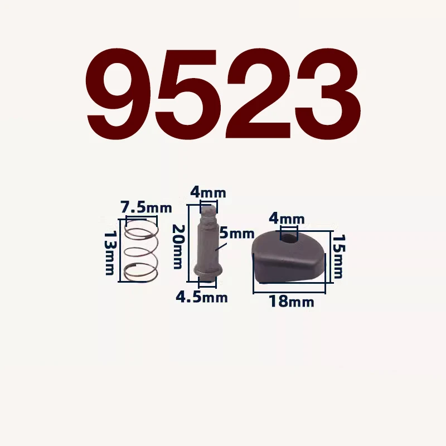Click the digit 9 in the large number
pyautogui.click(x=119, y=94)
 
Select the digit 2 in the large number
pyautogui.click(x=258, y=93)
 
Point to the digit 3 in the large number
pyautogui.click(x=327, y=94)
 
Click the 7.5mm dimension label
pyautogui.click(x=146, y=207)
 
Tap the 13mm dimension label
pyautogui.click(x=109, y=253)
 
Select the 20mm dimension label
pyautogui.click(x=178, y=246)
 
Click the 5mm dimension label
pyautogui.click(x=236, y=234)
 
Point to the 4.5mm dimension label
pyautogui.click(x=202, y=297)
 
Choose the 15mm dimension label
pyautogui.click(x=338, y=256)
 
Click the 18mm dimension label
pyautogui.click(x=292, y=301)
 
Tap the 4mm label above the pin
pyautogui.click(x=208, y=193)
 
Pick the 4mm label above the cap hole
pyautogui.click(x=287, y=219)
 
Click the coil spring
pyautogui.click(x=141, y=251)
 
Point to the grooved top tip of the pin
pyautogui.click(x=209, y=214)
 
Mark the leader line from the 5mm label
pyautogui.click(x=221, y=246)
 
